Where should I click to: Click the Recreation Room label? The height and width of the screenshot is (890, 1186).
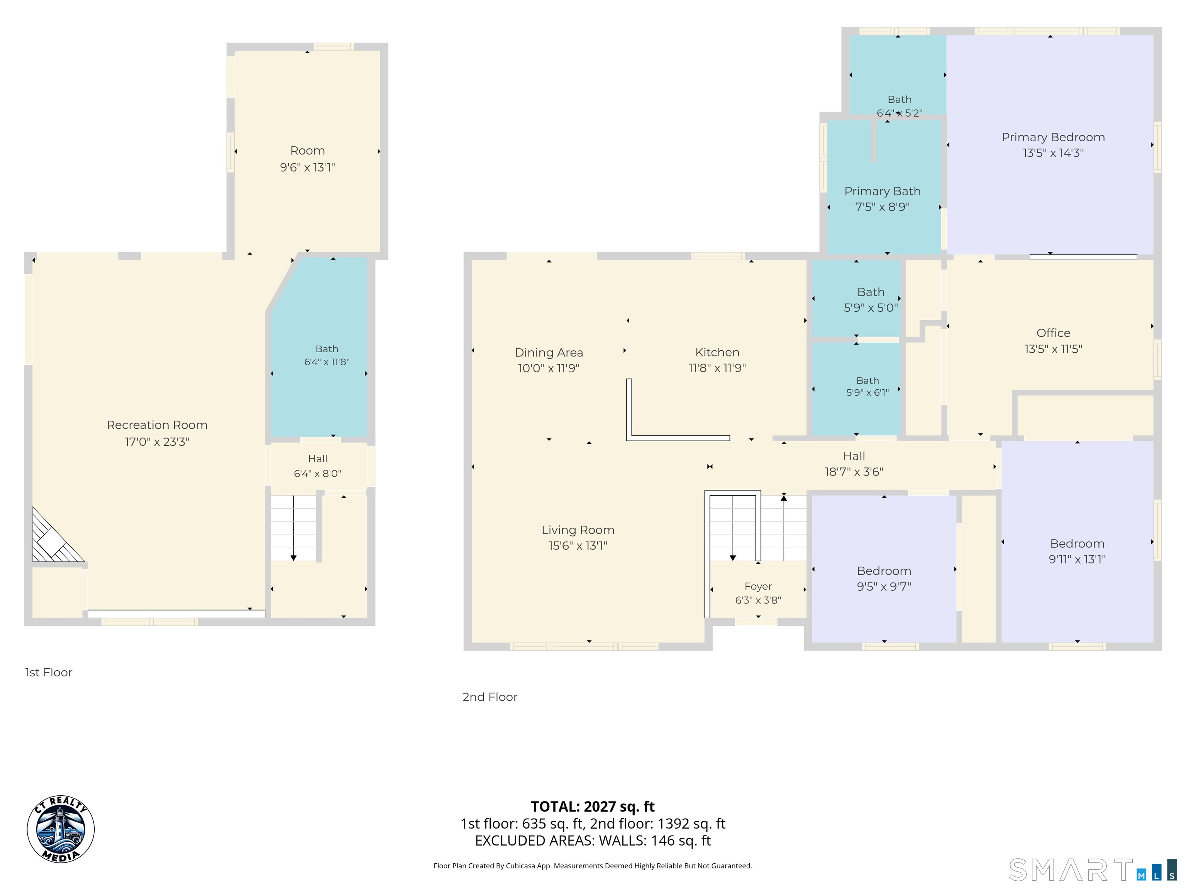[x=157, y=425]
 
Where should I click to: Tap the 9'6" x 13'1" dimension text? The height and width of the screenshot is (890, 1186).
[x=307, y=167]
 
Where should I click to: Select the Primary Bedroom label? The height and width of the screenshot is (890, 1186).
[x=1053, y=138]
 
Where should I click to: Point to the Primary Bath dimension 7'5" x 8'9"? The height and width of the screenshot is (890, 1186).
[x=882, y=207]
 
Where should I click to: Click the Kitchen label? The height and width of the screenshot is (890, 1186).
[x=717, y=352]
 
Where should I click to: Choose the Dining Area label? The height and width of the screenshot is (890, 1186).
[x=549, y=352]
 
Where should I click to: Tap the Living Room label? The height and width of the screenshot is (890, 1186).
[x=578, y=530]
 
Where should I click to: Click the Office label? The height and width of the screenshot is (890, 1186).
[x=1053, y=333]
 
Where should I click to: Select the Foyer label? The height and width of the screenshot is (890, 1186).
[x=758, y=586]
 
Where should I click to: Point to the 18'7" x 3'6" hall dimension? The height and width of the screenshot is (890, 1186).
[x=854, y=472]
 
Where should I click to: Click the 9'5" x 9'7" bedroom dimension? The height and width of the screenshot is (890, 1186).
[x=884, y=587]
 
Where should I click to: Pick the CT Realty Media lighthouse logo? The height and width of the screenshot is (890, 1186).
[x=61, y=829]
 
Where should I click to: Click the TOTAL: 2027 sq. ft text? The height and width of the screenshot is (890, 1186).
[x=593, y=806]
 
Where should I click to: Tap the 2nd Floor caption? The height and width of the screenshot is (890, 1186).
[x=490, y=697]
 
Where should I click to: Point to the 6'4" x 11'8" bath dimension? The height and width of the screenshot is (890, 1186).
[x=327, y=362]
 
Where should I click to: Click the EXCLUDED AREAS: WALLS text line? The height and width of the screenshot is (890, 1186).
[x=593, y=841]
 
